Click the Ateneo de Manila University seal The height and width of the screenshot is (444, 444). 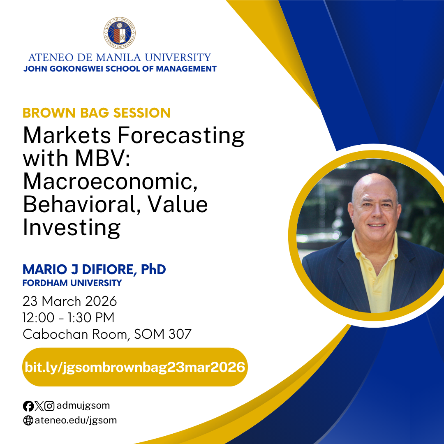(120, 33)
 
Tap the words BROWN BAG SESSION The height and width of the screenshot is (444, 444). (97, 113)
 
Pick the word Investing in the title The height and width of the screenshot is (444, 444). (72, 227)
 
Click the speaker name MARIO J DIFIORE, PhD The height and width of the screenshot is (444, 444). (94, 270)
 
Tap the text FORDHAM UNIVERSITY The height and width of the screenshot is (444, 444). (72, 283)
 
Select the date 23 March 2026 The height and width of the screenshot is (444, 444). (70, 301)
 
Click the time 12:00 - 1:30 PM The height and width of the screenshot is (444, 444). (69, 318)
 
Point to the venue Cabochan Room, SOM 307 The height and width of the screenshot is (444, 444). (107, 334)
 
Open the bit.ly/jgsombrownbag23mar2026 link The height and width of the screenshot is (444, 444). (135, 367)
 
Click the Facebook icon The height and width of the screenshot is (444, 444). (28, 406)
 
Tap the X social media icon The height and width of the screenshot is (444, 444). (39, 406)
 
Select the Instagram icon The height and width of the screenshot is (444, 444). (49, 406)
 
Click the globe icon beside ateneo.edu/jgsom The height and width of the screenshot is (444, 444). (28, 421)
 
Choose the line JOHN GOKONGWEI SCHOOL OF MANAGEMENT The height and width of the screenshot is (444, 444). (120, 69)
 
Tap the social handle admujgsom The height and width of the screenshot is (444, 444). (83, 406)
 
